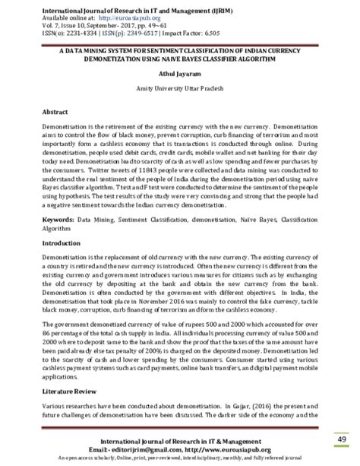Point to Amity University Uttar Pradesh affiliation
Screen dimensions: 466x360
tap(180, 90)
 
